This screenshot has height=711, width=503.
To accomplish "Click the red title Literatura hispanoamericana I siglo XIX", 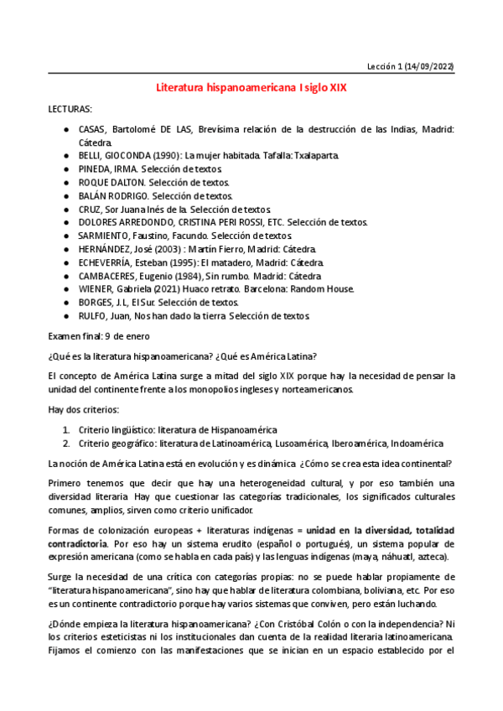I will click(x=251, y=86).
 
